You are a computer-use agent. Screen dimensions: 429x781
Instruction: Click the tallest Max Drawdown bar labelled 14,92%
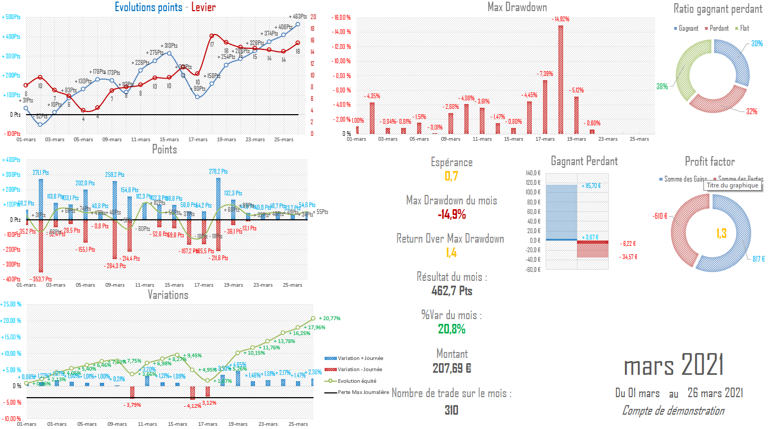tap(561, 80)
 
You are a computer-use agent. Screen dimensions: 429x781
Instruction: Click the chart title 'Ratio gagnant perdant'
tap(718, 9)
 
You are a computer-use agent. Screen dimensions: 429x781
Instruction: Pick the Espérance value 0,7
tap(452, 176)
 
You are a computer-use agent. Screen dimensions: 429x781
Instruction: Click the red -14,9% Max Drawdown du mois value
tap(452, 214)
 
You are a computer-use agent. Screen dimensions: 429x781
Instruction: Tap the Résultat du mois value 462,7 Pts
tap(452, 291)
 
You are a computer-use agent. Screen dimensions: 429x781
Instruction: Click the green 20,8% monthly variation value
tap(452, 329)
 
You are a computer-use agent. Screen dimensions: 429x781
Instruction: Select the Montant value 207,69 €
tap(452, 367)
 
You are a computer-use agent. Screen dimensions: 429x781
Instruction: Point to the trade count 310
tap(452, 410)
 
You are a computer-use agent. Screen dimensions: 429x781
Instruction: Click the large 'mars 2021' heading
tap(674, 366)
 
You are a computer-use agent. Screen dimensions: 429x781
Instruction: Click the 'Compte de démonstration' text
tap(673, 410)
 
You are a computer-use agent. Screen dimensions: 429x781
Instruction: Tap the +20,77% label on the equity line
tap(329, 319)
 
